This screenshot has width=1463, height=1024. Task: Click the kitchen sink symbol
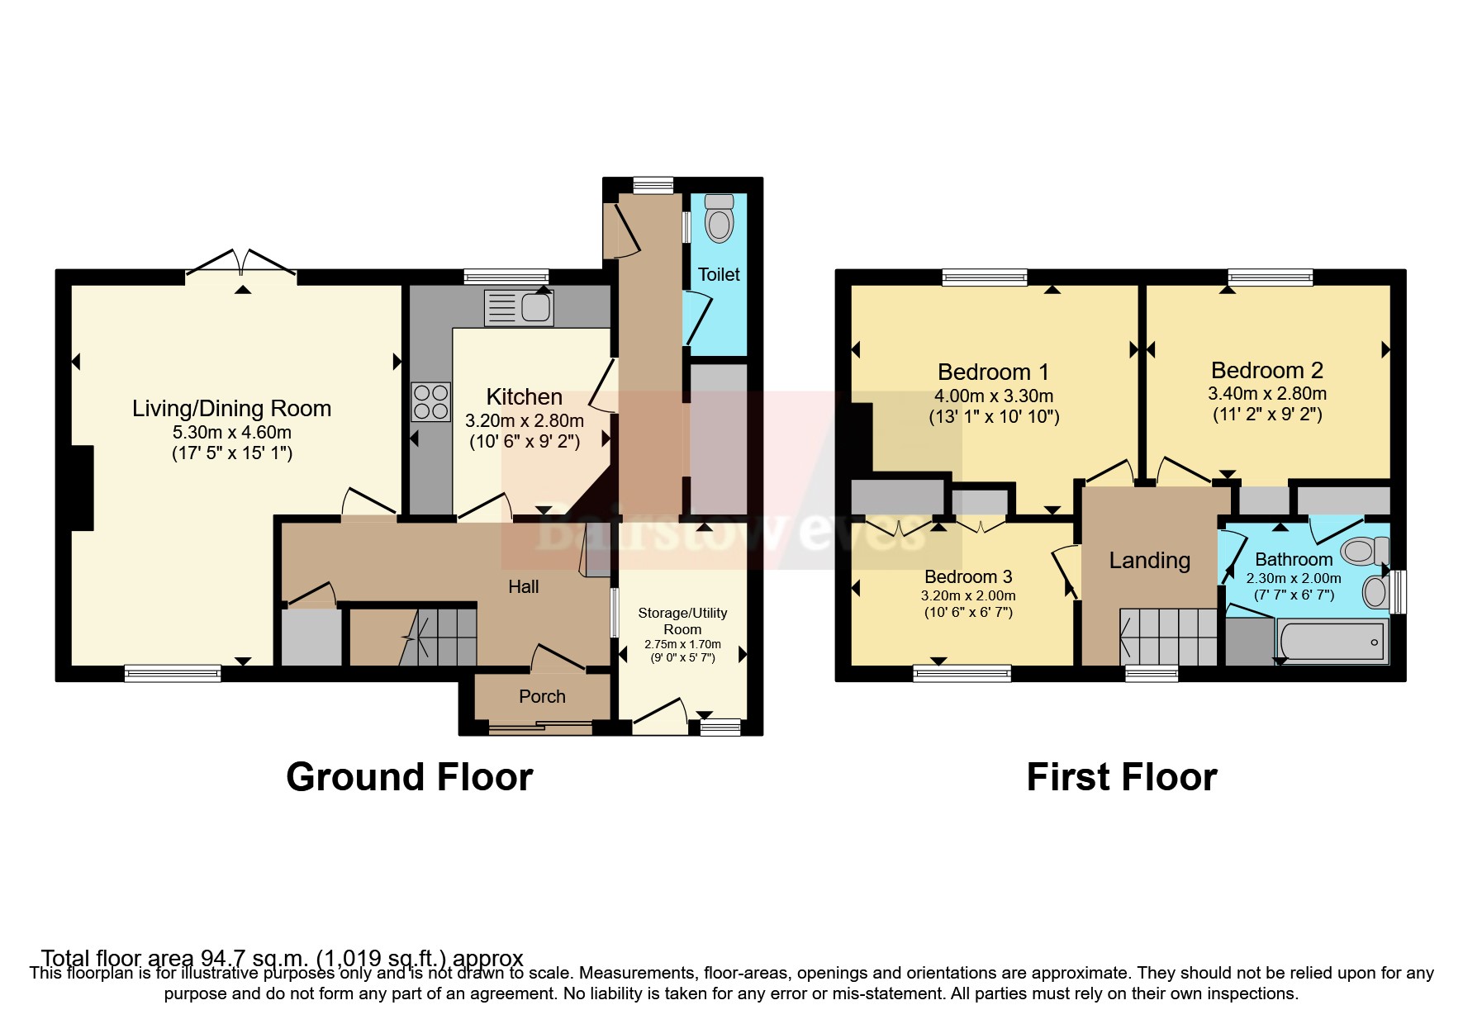click(x=520, y=308)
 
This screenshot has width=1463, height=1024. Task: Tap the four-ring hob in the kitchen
click(x=430, y=402)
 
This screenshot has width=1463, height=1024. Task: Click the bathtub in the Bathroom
click(x=1331, y=642)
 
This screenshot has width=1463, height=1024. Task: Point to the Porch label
click(x=542, y=696)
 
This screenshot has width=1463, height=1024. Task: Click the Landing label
click(x=1149, y=561)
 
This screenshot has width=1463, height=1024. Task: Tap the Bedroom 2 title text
click(x=1266, y=370)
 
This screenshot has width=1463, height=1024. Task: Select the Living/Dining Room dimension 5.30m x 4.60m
click(x=231, y=432)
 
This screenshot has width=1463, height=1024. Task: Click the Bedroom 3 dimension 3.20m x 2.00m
click(x=968, y=595)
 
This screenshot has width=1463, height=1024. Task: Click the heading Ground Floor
click(x=409, y=777)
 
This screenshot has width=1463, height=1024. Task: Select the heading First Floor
click(x=1121, y=777)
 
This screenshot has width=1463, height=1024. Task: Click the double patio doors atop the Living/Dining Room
click(x=241, y=263)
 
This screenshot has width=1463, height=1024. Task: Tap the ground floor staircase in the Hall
click(x=438, y=637)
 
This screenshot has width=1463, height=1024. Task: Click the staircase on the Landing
click(x=1167, y=637)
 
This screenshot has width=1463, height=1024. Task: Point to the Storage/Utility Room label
click(x=682, y=620)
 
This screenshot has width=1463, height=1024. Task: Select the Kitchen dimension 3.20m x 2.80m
click(x=524, y=421)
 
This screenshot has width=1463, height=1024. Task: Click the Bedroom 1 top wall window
click(x=985, y=277)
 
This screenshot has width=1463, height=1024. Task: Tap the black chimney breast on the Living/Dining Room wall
click(x=82, y=487)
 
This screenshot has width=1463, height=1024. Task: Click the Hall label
click(x=523, y=587)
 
